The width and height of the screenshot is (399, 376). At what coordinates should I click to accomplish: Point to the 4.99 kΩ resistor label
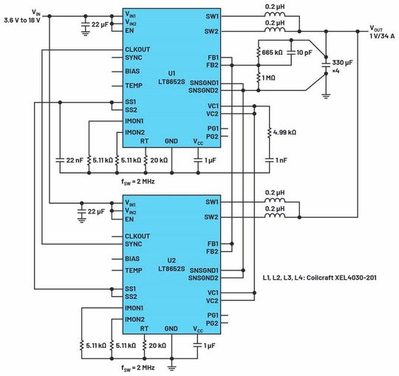pos(285,131)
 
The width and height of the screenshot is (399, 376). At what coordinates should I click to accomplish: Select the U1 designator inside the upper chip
pos(171,72)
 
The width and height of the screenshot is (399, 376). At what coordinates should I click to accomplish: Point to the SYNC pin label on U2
pos(134,244)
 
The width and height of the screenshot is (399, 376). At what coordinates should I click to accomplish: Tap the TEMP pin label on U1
pos(134,86)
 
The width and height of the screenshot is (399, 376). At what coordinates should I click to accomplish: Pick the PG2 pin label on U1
pos(213,136)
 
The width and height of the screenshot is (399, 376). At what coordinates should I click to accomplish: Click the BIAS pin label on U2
pos(134,259)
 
